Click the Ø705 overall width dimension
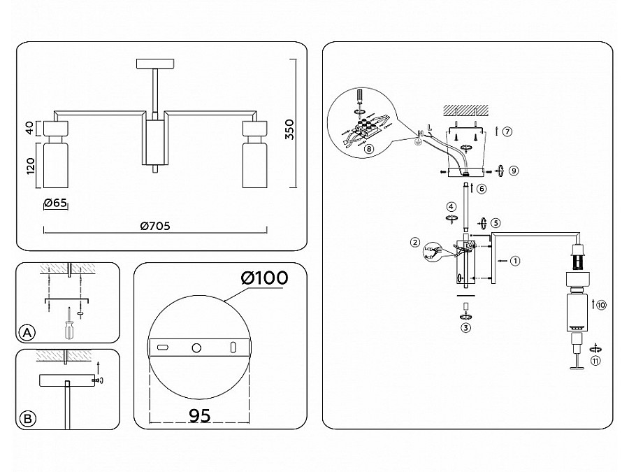155,226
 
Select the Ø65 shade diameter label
55,203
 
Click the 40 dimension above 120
30,128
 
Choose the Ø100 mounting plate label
264,278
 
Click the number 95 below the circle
200,415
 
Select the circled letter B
27,419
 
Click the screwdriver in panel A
68,324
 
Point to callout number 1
515,261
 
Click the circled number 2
415,243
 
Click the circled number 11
596,361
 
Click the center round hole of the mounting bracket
196,348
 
